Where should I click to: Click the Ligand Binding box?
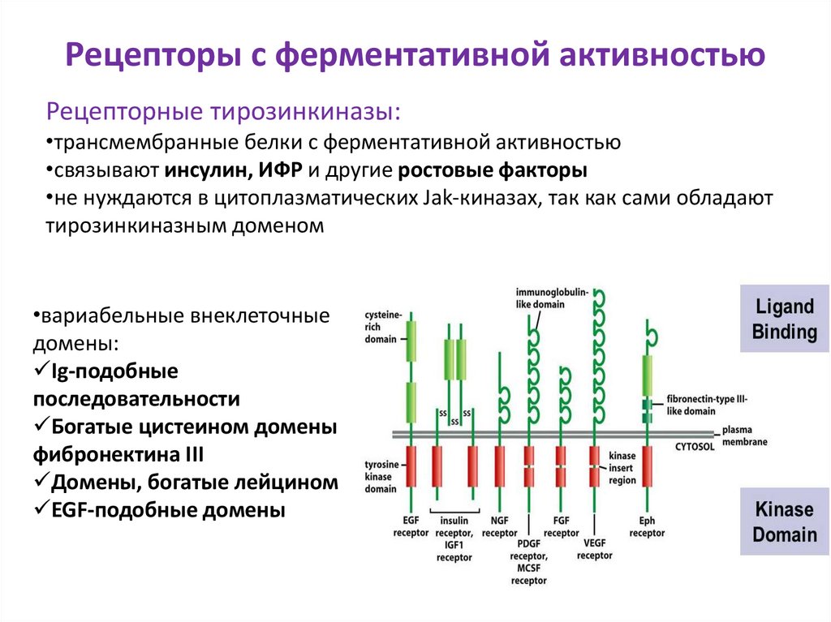point(784,320)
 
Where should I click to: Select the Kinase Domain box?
point(784,522)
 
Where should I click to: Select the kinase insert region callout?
point(622,469)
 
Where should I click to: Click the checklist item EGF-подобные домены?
point(159,511)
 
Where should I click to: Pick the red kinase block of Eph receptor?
point(647,466)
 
